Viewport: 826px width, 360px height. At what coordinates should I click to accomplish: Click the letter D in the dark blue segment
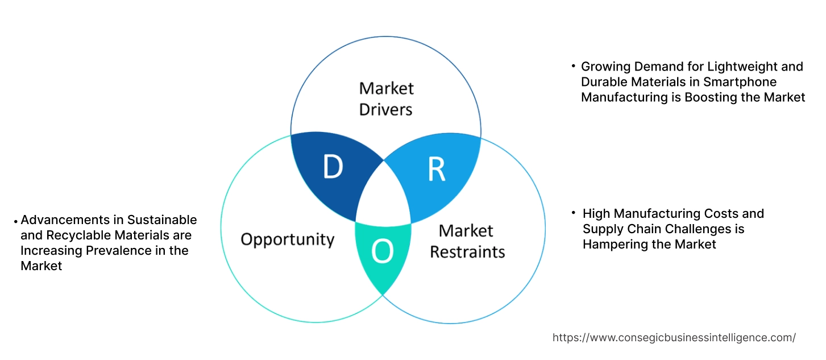333,167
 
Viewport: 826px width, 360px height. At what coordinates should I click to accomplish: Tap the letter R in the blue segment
436,168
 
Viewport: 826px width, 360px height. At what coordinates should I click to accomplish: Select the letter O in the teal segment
382,252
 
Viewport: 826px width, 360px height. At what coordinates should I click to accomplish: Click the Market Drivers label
386,98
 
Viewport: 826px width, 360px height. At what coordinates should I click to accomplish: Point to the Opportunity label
287,239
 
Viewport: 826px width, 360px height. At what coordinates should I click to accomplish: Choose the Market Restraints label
467,241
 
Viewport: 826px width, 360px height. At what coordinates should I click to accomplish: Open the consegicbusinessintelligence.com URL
674,338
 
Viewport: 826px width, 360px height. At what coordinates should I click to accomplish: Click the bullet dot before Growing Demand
574,67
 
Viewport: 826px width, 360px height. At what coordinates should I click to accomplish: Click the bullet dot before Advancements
16,221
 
